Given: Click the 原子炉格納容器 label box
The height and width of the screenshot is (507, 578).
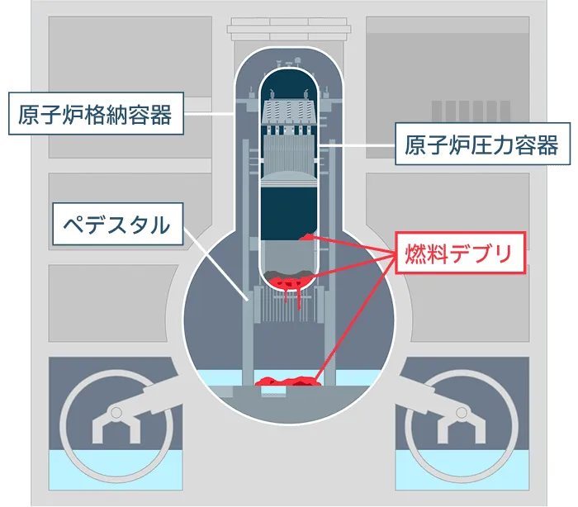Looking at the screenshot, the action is coord(97,113).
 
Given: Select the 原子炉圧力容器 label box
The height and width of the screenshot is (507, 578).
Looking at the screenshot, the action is coord(482,144).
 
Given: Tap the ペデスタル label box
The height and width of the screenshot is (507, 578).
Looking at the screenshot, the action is coord(118,224).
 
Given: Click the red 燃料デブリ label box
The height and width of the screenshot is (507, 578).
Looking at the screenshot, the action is coord(460,253).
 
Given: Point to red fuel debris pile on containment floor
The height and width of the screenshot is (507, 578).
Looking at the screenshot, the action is coord(289,381).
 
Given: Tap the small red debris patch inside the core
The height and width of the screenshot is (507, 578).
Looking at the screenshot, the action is coord(306,237).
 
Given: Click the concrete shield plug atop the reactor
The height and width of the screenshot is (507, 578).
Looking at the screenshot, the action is coord(289,29).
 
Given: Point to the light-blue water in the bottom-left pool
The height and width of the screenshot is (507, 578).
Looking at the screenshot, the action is coord(116,470).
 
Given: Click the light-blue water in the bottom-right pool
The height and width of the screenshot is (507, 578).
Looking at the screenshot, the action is coord(462,470).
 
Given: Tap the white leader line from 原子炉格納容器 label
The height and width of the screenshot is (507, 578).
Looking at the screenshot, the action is coord(210,114).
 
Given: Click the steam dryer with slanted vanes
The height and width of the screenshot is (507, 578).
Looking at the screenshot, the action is coord(289,111).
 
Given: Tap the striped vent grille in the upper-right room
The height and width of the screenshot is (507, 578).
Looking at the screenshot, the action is coord(471,111).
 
